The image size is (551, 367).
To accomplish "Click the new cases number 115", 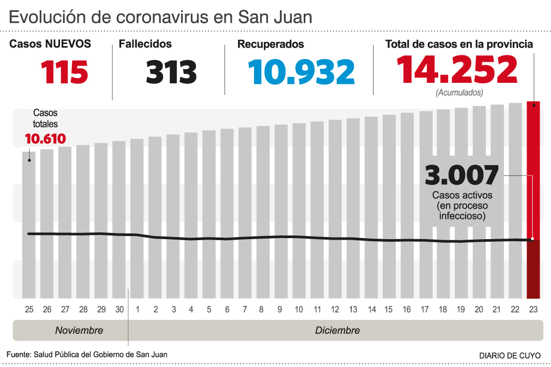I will tap(65, 71).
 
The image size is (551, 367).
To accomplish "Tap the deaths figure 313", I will tap(171, 71).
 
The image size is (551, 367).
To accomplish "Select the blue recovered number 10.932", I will tap(301, 71).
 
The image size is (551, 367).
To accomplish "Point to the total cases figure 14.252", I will tap(457, 69).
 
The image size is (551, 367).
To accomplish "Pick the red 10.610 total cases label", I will tap(46, 139).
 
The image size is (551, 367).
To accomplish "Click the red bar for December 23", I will tap(533, 171).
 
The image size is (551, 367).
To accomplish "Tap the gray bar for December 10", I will tap(299, 207).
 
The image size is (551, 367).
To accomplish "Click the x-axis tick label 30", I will tap(119, 310).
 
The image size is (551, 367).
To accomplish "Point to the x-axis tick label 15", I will tap(389, 310).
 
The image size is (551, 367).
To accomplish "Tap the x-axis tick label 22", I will tap(515, 310).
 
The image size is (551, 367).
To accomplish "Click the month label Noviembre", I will tap(79, 330).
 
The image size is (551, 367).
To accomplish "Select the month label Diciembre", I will tap(337, 330).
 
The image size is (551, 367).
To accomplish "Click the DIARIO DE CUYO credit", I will tap(510, 356).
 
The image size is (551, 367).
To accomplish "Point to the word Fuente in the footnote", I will tap(18, 355).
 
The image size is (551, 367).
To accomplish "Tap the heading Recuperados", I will tap(271, 45).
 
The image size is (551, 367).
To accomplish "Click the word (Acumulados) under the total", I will tap(459, 93).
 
